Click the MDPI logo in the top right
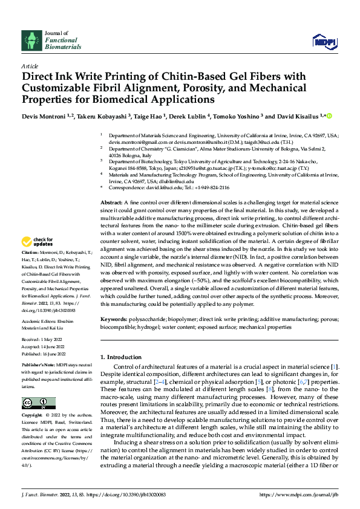click(323, 41)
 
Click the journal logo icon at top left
click(31, 41)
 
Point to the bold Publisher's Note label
click(39, 366)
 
